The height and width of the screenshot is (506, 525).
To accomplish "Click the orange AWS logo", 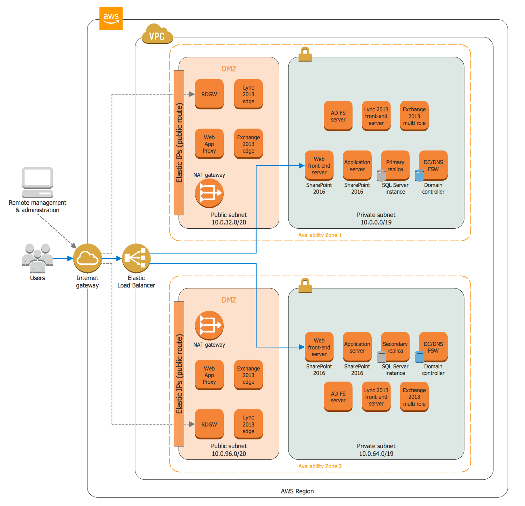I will [111, 18].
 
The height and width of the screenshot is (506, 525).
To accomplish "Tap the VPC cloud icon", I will [157, 34].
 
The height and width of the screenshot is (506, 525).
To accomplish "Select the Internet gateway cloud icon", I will [87, 258].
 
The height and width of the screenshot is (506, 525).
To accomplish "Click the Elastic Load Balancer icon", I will [136, 258].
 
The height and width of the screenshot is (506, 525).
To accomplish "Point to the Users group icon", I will [37, 258].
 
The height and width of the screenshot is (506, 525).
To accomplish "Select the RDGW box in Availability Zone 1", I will [209, 94].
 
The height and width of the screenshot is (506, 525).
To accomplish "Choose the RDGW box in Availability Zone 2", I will [209, 424].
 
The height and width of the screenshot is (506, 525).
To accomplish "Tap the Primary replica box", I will [395, 165].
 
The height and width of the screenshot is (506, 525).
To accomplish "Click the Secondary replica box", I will [395, 347].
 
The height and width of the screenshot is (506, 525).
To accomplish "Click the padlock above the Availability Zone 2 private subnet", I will [305, 285].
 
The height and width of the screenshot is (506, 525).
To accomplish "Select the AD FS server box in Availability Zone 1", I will [338, 116].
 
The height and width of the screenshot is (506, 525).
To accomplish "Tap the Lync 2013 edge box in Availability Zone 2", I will [248, 424].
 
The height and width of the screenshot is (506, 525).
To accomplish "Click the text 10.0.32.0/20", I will [229, 222].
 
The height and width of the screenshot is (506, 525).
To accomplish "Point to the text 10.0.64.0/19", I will [376, 454].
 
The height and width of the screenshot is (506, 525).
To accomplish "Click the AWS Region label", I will [297, 491].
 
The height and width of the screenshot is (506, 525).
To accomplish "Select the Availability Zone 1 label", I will [320, 235].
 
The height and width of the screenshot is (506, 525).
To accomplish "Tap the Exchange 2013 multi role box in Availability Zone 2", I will [414, 397].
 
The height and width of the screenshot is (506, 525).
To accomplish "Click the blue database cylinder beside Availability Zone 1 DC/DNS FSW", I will [419, 175].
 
